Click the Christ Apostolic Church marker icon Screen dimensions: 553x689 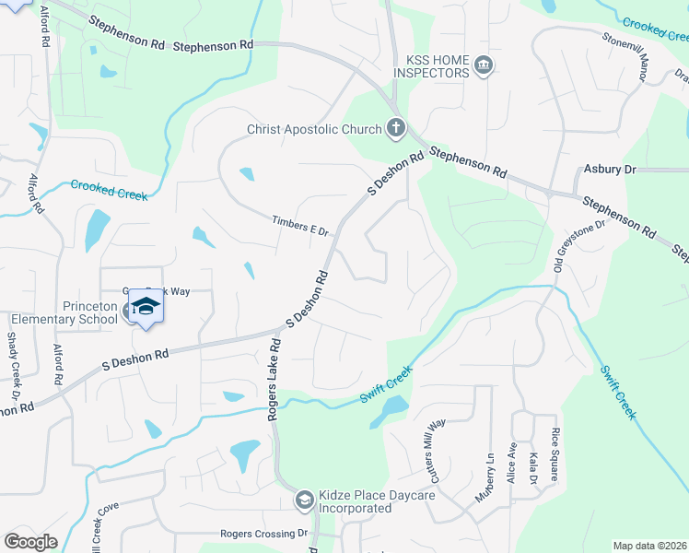coord(396,128)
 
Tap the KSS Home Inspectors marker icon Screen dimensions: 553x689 coord(483,65)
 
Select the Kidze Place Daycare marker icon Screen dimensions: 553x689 coord(304,500)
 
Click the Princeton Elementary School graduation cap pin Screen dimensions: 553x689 coord(146,306)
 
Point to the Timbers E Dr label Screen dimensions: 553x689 coord(300,226)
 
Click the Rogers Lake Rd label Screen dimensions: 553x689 coord(274,380)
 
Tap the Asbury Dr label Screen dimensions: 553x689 coord(610,170)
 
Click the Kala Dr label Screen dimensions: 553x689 coord(532,469)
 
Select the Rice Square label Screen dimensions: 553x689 coord(555,454)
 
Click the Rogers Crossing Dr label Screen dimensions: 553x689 coord(263,534)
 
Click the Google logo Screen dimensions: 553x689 coord(31,541)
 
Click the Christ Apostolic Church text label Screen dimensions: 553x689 coord(314,129)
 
